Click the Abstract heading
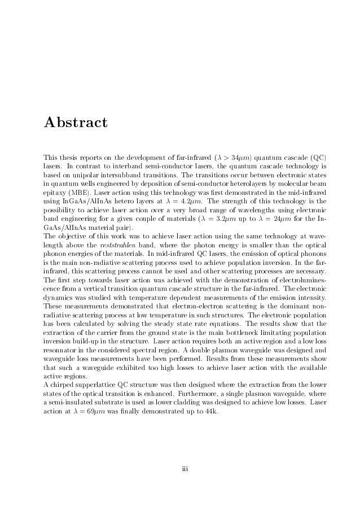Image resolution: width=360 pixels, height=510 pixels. coord(75,121)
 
